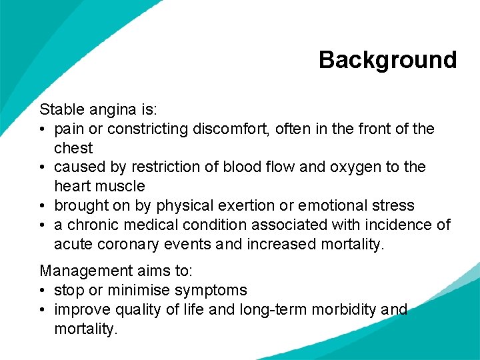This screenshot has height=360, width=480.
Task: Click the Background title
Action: [387, 60]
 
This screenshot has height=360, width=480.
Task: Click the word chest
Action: [73, 148]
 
